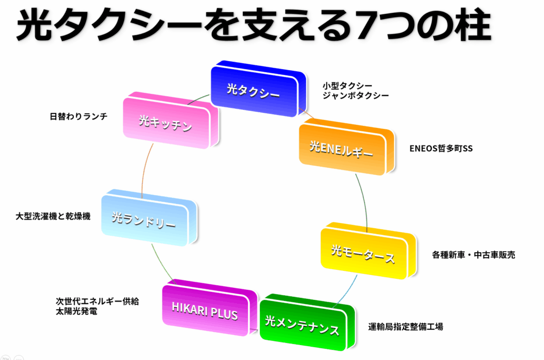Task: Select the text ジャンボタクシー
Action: coord(355,96)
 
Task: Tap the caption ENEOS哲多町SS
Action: coord(441,149)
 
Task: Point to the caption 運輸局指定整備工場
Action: coord(406,327)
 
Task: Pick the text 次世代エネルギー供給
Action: coord(97,301)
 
